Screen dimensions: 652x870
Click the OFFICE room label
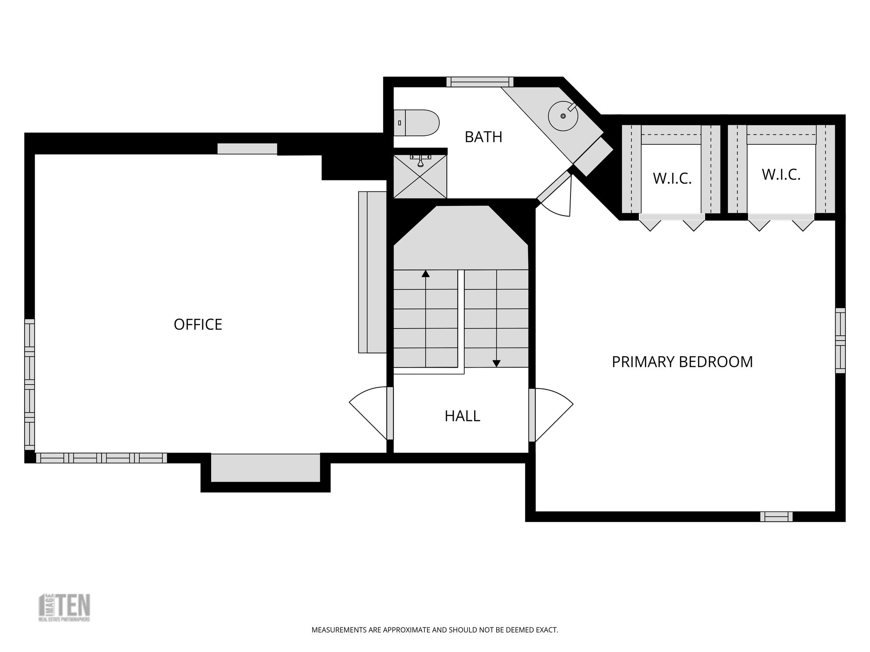point(198,325)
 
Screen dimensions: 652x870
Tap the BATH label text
point(483,137)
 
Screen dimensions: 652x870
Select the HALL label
point(462,416)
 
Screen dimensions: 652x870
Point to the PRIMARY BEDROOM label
point(682,362)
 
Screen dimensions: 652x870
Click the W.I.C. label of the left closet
point(672,179)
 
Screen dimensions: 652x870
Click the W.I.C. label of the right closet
point(781,174)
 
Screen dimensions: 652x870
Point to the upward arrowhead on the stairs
point(426,274)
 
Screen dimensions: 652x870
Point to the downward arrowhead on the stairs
point(496,363)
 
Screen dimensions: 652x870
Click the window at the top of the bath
point(480,82)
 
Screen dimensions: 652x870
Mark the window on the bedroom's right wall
point(840,340)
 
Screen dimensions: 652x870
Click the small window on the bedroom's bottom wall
point(776,517)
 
